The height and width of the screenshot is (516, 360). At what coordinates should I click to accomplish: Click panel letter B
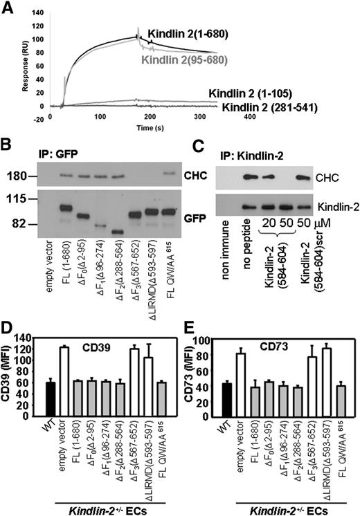[x=8, y=145]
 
